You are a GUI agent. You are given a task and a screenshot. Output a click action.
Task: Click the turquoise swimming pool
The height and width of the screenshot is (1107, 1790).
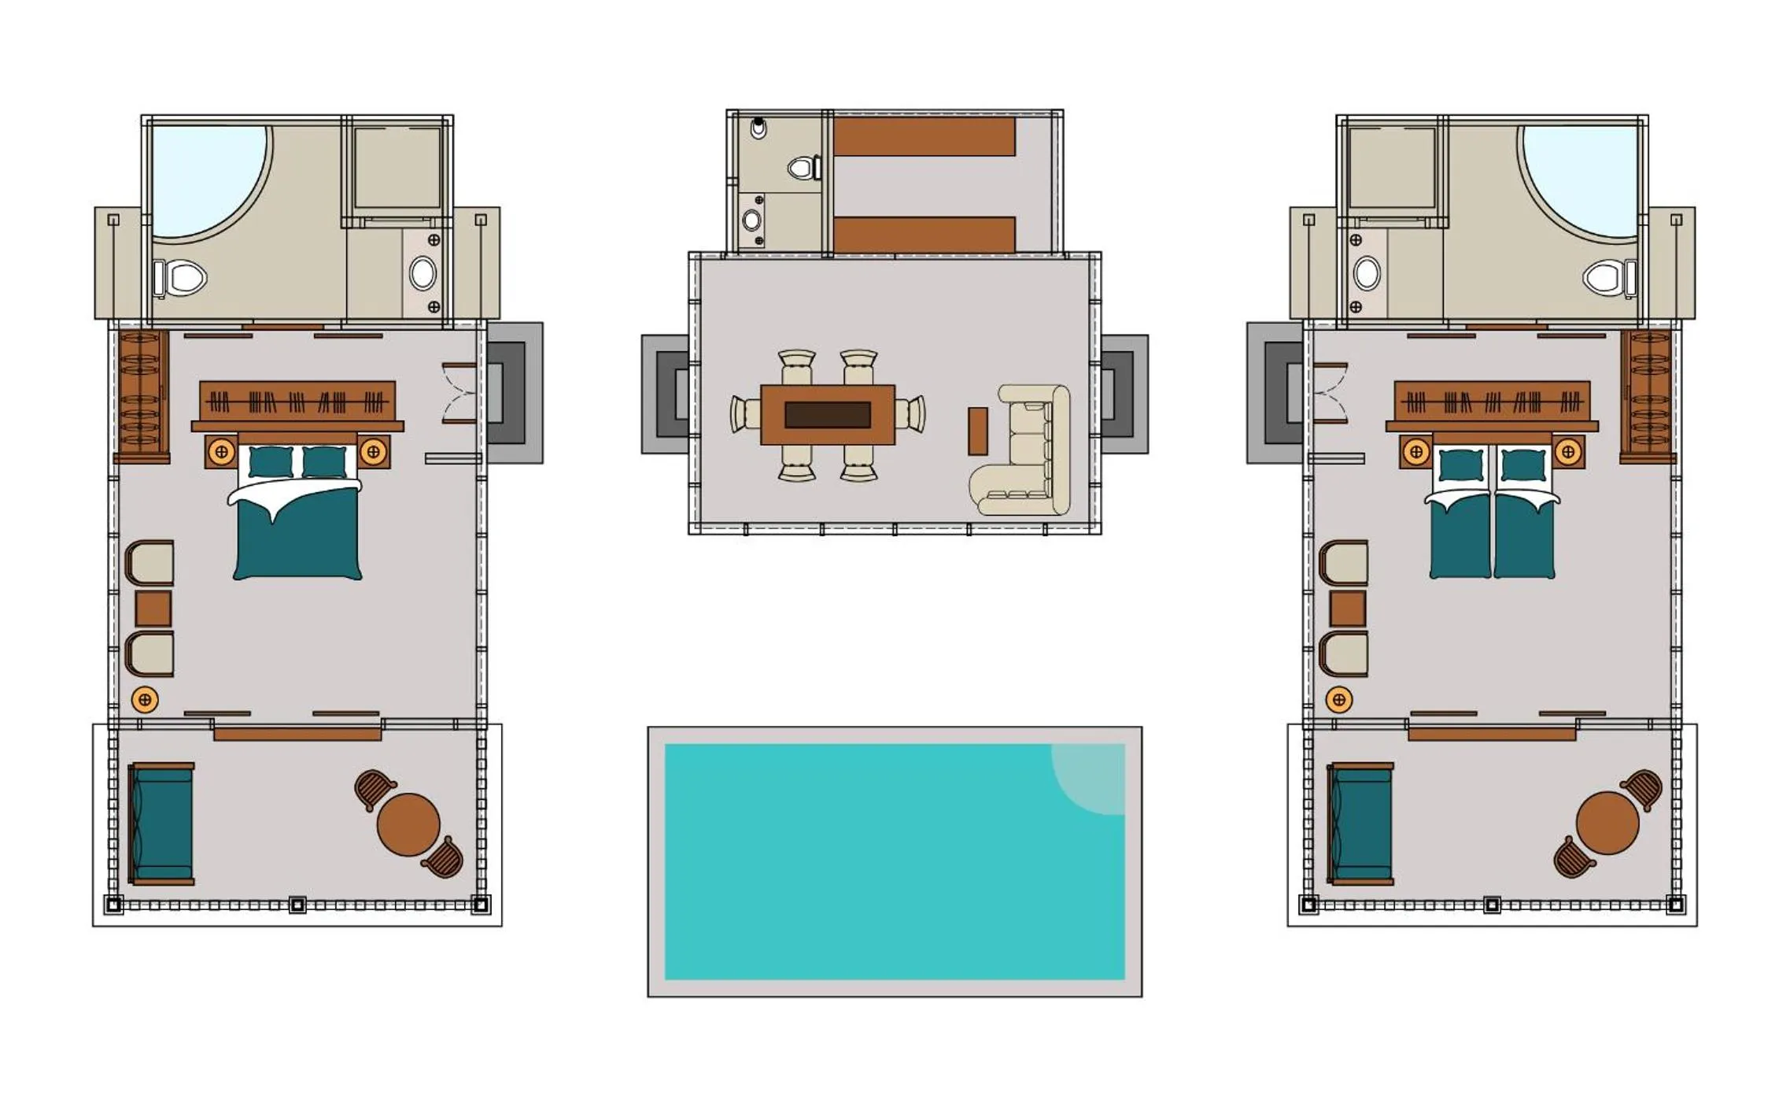coord(865,866)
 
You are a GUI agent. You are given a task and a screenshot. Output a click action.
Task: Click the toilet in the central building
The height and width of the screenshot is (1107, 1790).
coord(803,168)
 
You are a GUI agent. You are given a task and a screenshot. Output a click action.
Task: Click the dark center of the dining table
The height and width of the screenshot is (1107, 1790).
coord(827,415)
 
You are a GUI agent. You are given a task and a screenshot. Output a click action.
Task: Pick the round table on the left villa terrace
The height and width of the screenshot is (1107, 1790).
coord(408,824)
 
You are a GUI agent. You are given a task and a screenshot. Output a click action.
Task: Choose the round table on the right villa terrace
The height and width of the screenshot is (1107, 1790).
coord(1607,823)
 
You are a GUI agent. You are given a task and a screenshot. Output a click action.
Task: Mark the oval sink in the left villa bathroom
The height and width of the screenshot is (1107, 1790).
coord(423,273)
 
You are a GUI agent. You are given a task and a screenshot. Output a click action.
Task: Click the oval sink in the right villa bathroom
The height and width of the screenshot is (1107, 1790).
coord(1367,273)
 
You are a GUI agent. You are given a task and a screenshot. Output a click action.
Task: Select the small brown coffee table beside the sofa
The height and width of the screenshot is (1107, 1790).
coord(977,431)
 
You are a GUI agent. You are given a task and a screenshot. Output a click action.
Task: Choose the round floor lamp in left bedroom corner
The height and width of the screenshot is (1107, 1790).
coord(144,699)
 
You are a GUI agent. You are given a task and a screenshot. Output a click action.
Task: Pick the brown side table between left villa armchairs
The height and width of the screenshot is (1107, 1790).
coord(153,609)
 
